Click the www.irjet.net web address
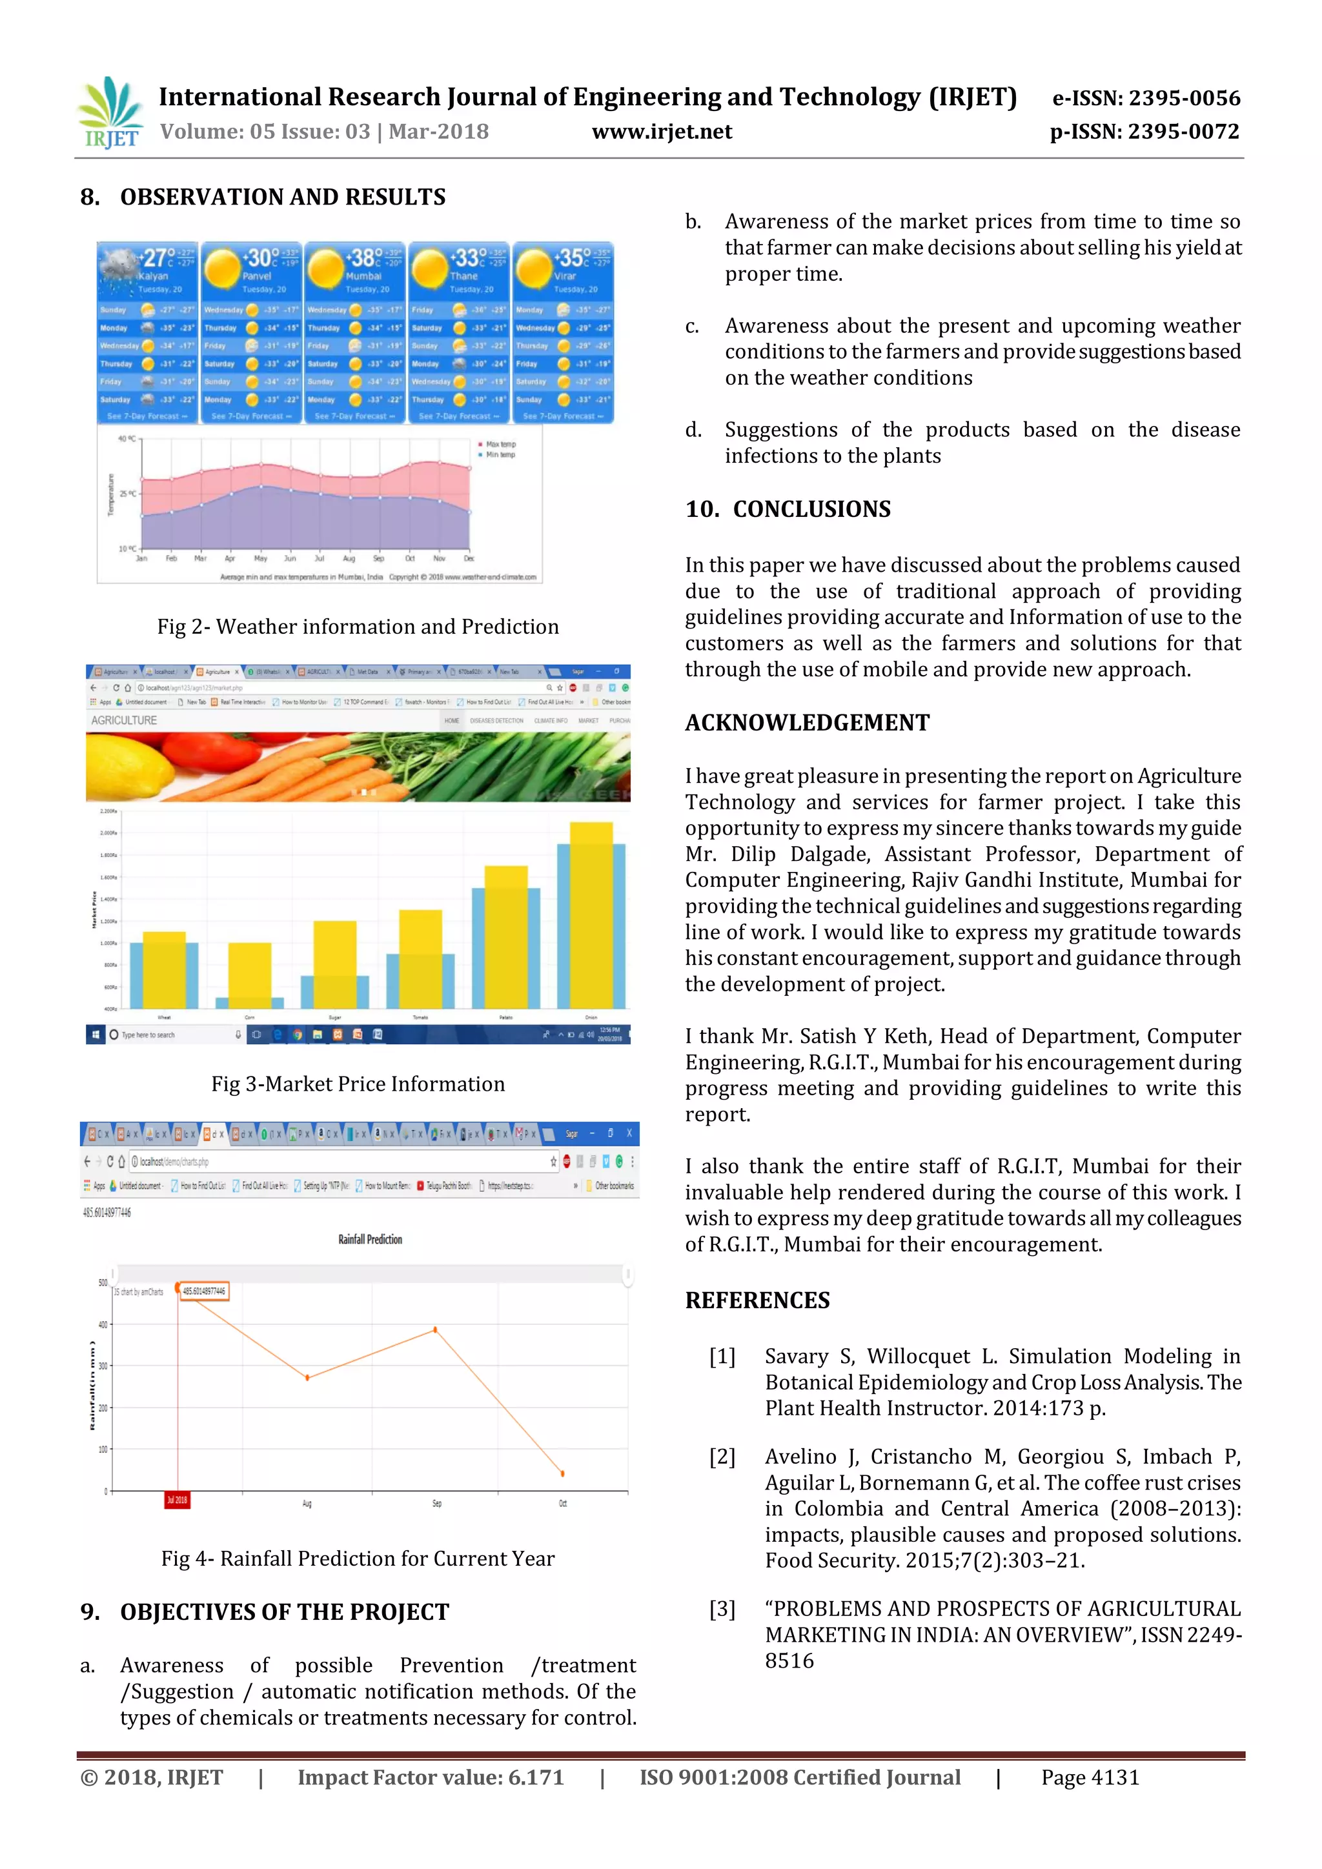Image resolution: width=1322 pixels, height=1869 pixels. [x=661, y=132]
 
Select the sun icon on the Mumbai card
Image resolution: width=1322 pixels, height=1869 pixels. [x=325, y=268]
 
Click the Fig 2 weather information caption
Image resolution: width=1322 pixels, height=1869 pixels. [x=358, y=627]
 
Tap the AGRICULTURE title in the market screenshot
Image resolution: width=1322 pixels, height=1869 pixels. [x=124, y=720]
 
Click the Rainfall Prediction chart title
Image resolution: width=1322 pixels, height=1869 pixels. [x=370, y=1239]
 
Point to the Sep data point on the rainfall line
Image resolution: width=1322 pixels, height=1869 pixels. [x=436, y=1329]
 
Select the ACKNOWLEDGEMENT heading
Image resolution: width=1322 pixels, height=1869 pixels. [x=807, y=723]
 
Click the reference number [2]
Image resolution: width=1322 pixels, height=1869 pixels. [x=722, y=1457]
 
